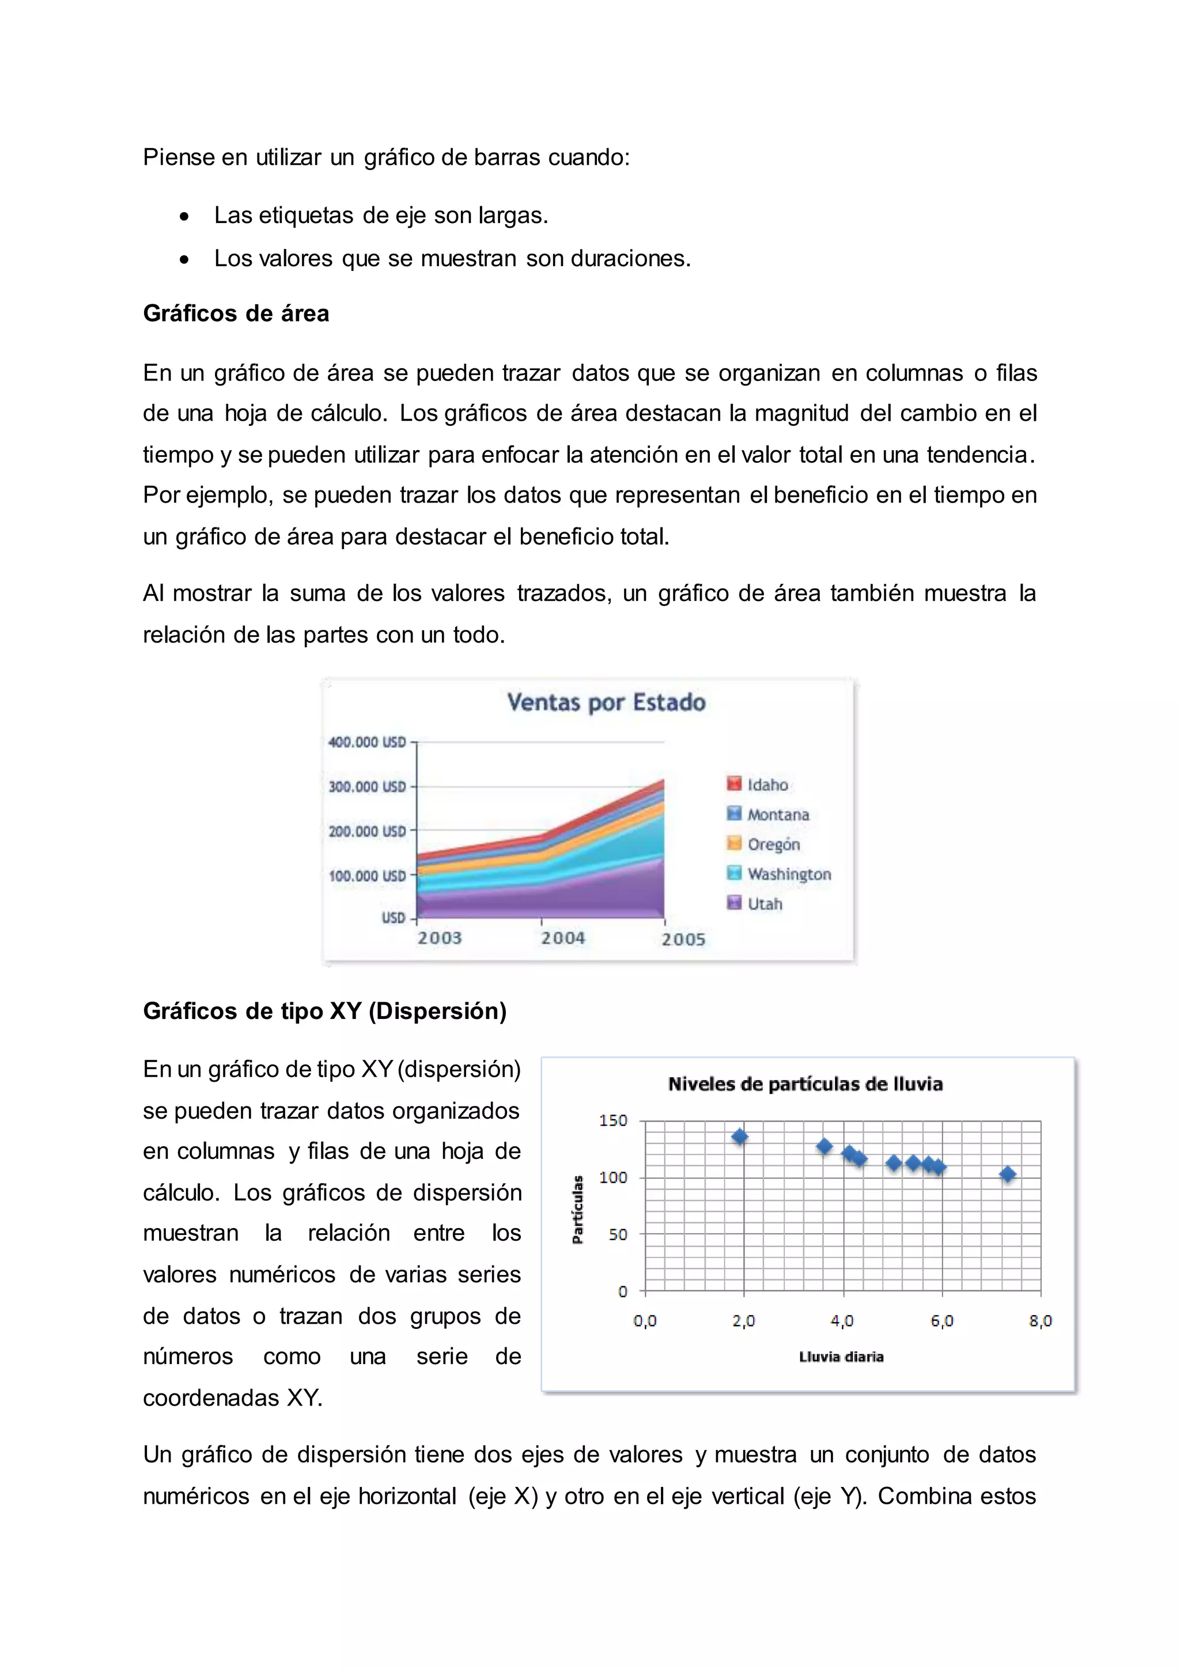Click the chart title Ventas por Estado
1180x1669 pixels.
(606, 702)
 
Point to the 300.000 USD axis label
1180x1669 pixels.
(367, 787)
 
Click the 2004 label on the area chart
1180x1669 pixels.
(562, 938)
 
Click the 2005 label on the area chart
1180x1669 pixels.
(683, 939)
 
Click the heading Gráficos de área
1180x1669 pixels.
(236, 314)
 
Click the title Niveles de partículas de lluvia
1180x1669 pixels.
(805, 1084)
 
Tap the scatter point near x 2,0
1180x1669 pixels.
(740, 1137)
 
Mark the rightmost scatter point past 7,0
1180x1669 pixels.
(1007, 1174)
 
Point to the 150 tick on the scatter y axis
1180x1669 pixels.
(612, 1120)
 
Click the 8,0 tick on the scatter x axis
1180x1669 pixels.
(1040, 1321)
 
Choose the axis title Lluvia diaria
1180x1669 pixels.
(841, 1357)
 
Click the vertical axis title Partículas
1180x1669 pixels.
(578, 1210)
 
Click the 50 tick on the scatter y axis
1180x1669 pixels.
(617, 1234)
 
